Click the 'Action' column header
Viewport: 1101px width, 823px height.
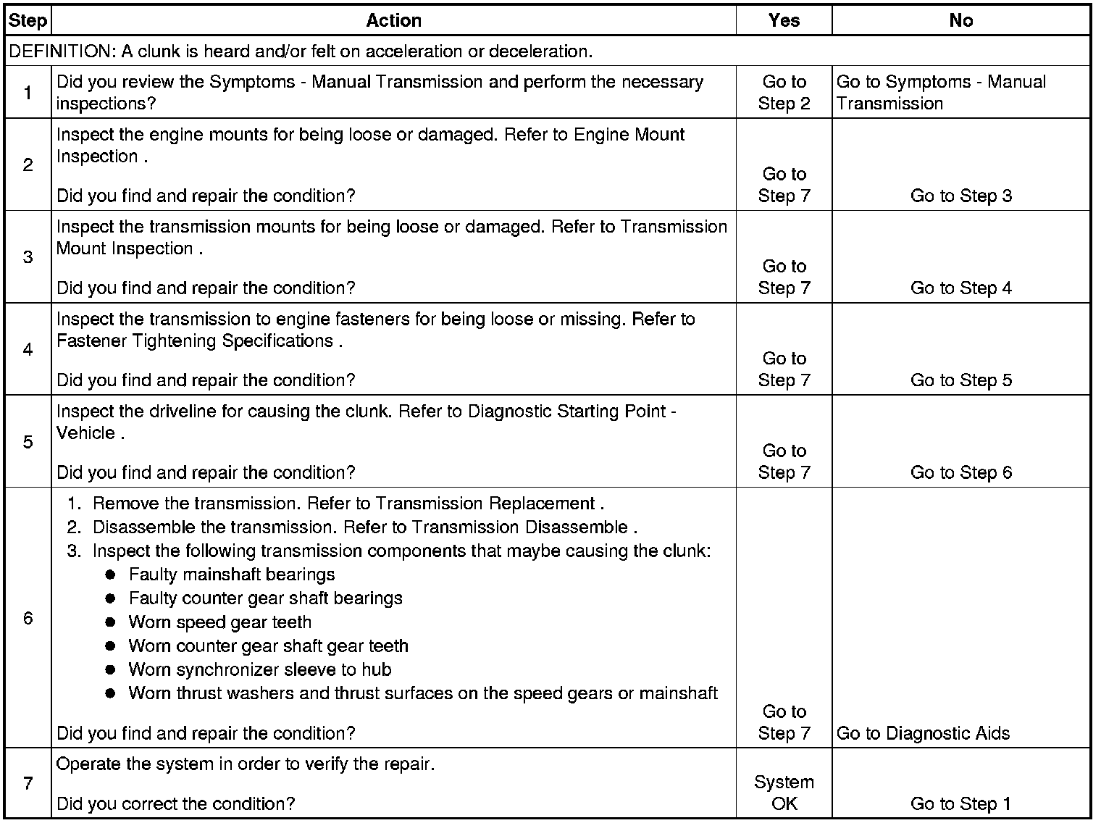click(x=393, y=20)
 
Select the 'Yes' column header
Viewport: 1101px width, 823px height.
click(x=784, y=20)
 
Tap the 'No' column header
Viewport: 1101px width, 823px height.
click(x=960, y=20)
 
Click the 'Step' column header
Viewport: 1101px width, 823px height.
click(x=28, y=20)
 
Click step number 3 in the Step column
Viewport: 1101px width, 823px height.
click(x=28, y=257)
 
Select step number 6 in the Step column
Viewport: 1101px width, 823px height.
click(x=28, y=618)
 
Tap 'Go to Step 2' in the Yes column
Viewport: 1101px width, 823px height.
click(x=784, y=93)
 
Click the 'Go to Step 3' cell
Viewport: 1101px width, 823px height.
click(x=960, y=196)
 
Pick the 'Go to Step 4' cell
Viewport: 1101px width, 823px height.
click(x=960, y=288)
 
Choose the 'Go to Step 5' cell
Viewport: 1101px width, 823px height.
click(x=960, y=380)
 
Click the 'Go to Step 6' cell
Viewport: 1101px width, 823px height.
click(x=960, y=472)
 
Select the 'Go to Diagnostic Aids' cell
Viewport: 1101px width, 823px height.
click(x=923, y=733)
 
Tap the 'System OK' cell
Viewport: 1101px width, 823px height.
click(x=784, y=793)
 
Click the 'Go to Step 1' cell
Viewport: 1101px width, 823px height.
click(x=960, y=803)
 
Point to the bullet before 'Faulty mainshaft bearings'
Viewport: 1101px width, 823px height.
click(x=110, y=575)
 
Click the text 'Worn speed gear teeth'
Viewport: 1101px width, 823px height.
click(x=220, y=622)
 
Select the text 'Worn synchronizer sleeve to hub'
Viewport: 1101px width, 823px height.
click(x=260, y=669)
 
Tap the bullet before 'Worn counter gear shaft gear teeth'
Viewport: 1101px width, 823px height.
click(x=110, y=646)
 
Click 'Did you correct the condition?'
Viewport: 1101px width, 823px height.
click(x=175, y=803)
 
